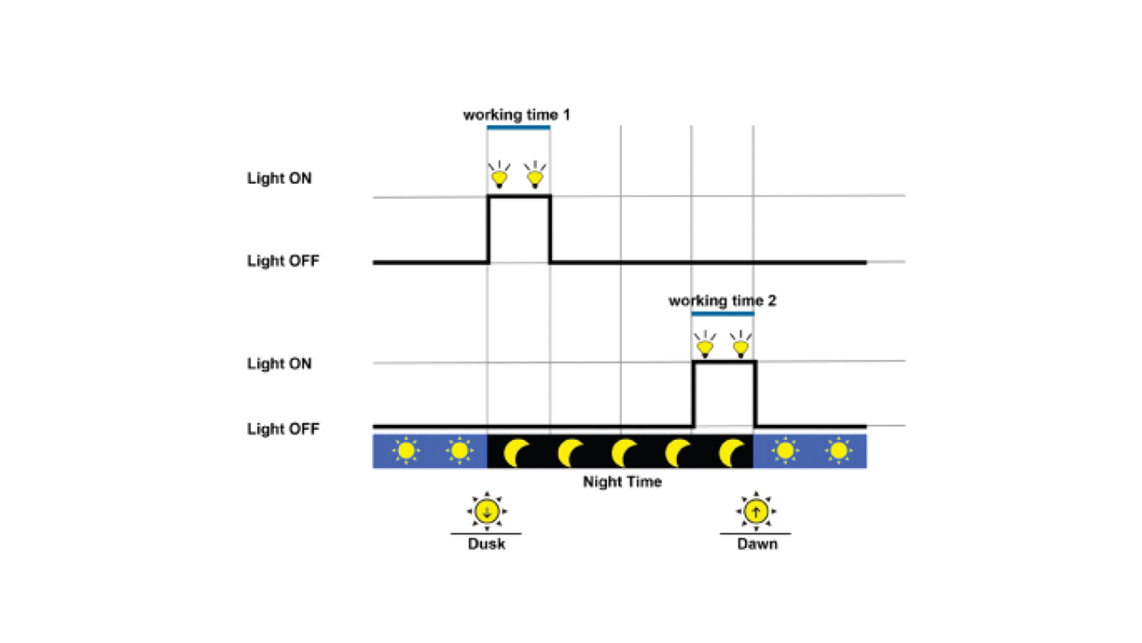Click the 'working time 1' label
click(x=516, y=114)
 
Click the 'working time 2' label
click(x=722, y=301)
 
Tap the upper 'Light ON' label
click(x=279, y=178)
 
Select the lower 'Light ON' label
click(x=279, y=363)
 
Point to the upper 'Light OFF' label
click(x=283, y=261)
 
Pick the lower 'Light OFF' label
click(x=283, y=429)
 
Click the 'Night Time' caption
click(x=622, y=482)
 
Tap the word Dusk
click(x=487, y=544)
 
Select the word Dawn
click(x=757, y=544)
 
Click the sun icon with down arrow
click(x=487, y=511)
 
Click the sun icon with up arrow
click(x=756, y=511)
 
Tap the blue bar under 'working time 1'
click(x=518, y=127)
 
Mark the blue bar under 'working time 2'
click(x=723, y=314)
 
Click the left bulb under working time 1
click(x=499, y=176)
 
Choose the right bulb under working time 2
click(x=741, y=346)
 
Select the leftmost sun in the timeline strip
click(x=406, y=451)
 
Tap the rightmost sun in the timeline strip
click(x=839, y=451)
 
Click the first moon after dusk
click(x=515, y=453)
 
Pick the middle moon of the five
click(x=623, y=453)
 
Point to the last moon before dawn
click(x=730, y=453)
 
